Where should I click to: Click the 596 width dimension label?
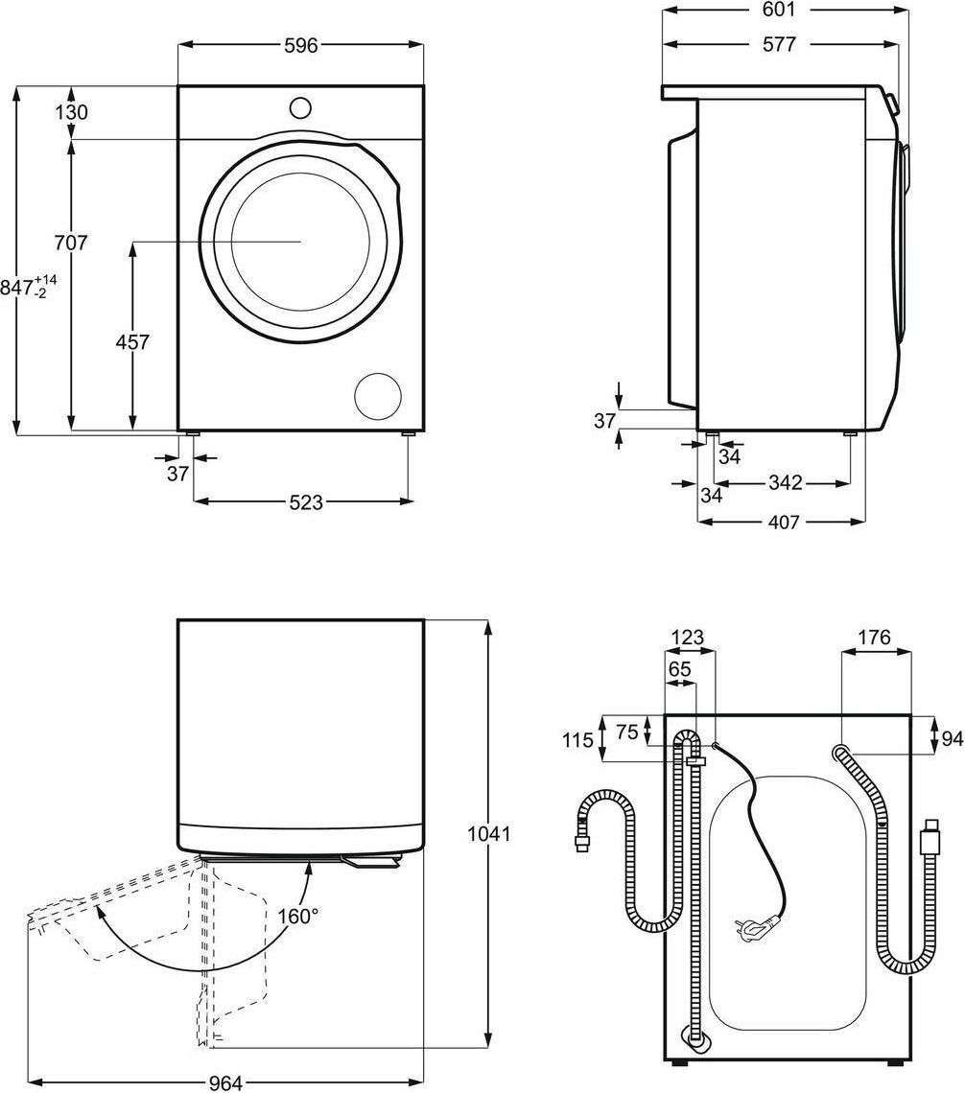coord(300,45)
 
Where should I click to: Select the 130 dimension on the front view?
coord(71,112)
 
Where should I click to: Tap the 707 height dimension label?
coord(71,244)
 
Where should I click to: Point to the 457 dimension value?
coord(132,341)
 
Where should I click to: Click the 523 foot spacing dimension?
coord(302,501)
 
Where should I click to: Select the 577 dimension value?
coord(779,44)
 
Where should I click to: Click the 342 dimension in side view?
coord(785,483)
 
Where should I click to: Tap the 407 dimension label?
coord(783,523)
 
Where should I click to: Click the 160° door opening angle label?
coord(298,917)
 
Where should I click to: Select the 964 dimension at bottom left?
coord(227,1082)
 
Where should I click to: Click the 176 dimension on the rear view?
coord(874,637)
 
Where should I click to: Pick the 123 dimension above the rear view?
coord(688,637)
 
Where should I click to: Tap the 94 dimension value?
coord(952,738)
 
